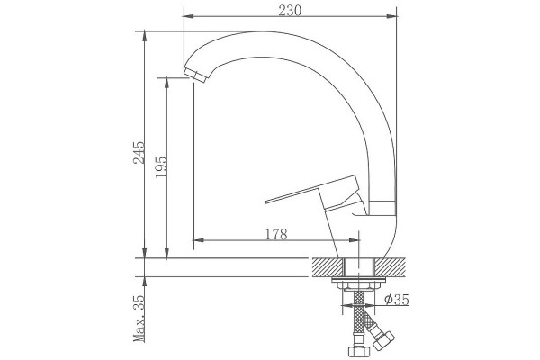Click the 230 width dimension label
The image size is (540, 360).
290,10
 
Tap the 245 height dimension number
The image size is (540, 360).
139,152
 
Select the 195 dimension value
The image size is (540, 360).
161,167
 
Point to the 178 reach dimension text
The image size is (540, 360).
276,234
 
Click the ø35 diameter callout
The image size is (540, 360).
397,300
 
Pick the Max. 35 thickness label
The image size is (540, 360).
139,319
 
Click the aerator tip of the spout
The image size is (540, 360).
195,75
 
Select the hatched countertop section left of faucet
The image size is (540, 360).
328,267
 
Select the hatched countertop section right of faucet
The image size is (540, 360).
391,267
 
